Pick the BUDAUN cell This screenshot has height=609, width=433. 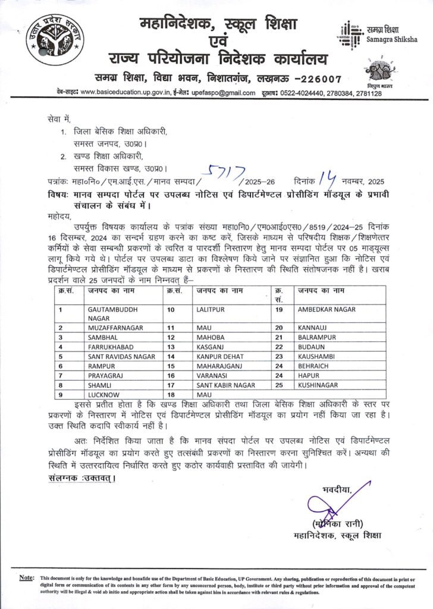[x=313, y=347]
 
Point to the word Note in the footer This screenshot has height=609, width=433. [x=26, y=578]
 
